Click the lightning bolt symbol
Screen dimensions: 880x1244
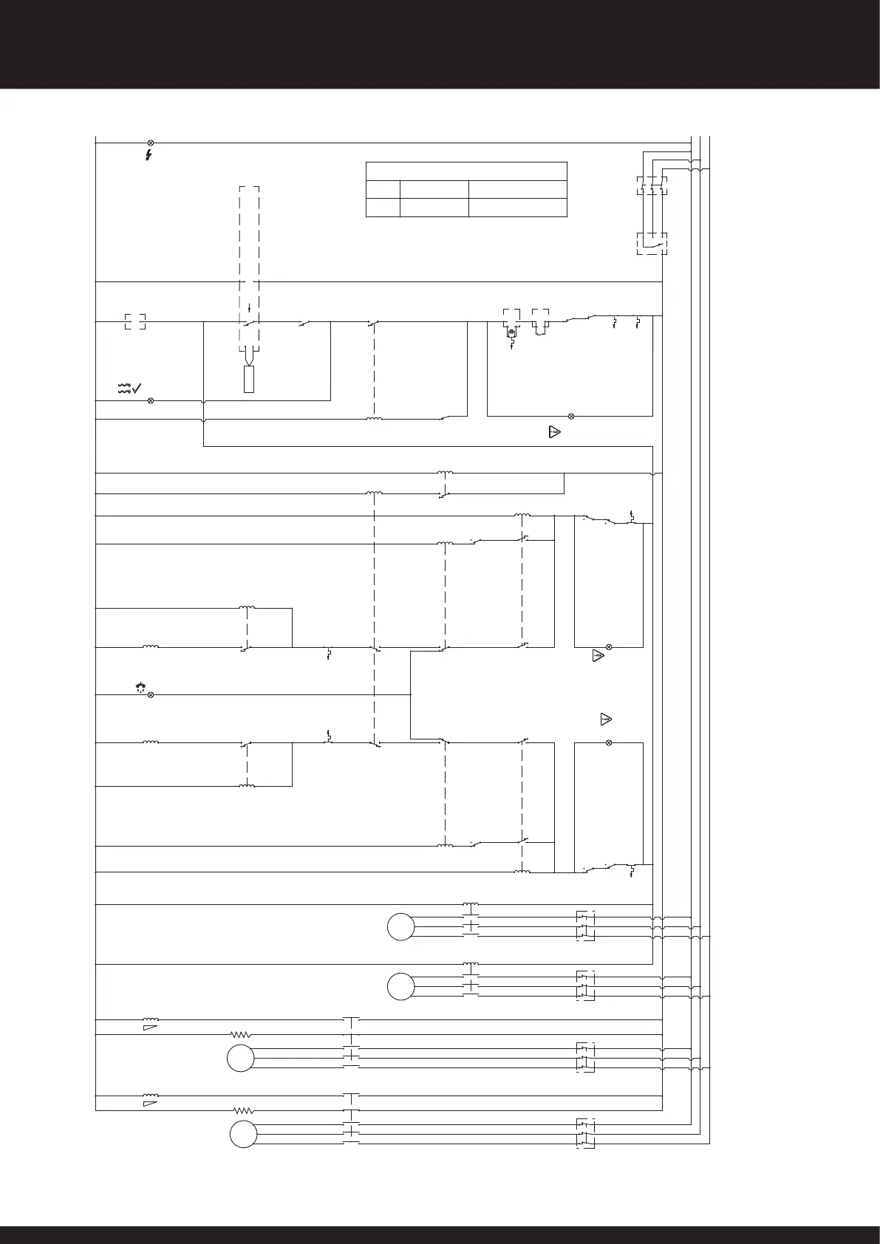(x=149, y=155)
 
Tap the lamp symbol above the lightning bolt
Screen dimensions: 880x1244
(x=151, y=142)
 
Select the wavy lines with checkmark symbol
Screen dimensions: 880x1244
(x=130, y=388)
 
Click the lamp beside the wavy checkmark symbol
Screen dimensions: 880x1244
(x=151, y=400)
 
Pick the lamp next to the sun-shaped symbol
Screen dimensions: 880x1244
(x=151, y=695)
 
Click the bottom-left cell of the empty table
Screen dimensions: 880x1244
(x=383, y=207)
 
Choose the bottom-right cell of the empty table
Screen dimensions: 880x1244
(x=517, y=207)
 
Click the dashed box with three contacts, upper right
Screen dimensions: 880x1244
(x=652, y=185)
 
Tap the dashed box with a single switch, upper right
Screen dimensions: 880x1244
(x=652, y=243)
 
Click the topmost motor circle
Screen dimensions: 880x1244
(x=400, y=927)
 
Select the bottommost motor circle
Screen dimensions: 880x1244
(x=242, y=1134)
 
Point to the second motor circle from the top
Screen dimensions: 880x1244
(x=400, y=987)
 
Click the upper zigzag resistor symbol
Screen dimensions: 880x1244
(x=242, y=1034)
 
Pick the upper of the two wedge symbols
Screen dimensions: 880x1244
(x=150, y=1027)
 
